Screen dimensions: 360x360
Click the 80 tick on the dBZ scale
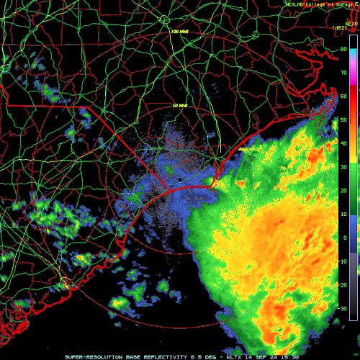[344, 49]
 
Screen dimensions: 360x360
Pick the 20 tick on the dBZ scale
[344, 190]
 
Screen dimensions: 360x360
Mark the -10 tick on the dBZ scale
[343, 261]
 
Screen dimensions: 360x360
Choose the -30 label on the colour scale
[343, 308]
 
